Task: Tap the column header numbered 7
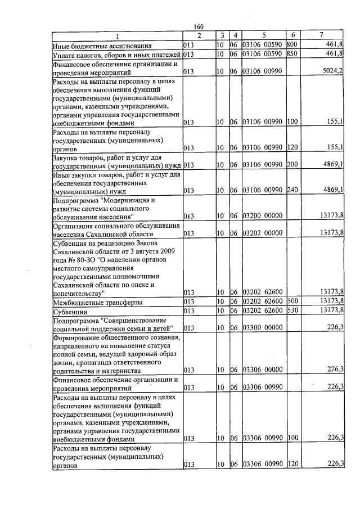[321, 35]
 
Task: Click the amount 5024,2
[332, 72]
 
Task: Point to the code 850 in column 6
[291, 54]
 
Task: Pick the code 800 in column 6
[291, 44]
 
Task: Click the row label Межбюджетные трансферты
[97, 302]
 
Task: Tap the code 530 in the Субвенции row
[291, 311]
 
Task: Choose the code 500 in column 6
[291, 302]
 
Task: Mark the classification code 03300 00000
[262, 327]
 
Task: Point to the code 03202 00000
[262, 233]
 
